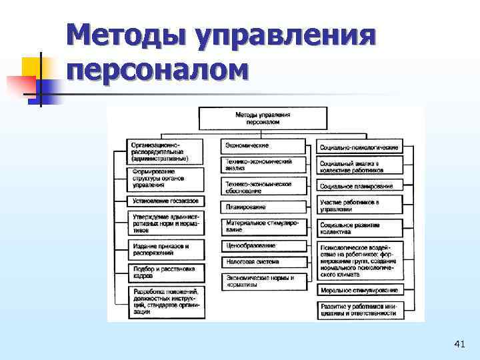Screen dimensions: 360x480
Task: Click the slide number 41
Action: coord(459,344)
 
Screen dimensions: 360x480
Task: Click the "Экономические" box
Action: coord(263,145)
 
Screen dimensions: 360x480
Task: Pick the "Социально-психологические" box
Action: coord(359,147)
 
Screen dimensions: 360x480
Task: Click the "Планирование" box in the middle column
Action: coord(263,207)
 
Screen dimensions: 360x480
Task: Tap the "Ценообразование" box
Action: coord(263,245)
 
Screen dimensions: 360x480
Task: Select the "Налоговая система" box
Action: coord(263,262)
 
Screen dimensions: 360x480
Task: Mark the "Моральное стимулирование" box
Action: coord(359,291)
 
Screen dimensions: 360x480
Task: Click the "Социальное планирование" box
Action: coord(359,186)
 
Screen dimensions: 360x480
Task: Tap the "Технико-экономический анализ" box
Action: coord(263,165)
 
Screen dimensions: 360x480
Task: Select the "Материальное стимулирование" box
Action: coord(263,226)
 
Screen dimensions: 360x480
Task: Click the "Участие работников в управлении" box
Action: coord(359,205)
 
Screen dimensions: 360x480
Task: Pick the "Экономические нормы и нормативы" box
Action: coord(263,281)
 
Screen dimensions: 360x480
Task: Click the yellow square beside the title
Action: coord(32,67)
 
